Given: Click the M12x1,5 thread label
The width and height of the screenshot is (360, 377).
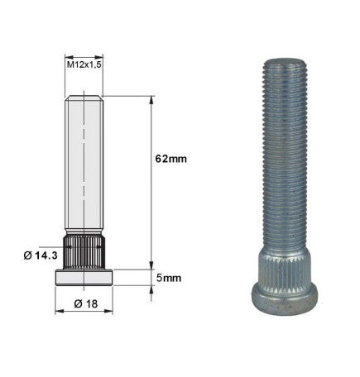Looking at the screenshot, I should point(84,63).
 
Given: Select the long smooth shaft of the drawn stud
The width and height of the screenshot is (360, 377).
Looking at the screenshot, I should point(84,165).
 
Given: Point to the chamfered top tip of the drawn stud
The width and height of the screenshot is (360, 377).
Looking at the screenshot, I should point(84,99).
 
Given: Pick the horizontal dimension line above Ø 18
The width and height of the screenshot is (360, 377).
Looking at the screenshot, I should point(84,312).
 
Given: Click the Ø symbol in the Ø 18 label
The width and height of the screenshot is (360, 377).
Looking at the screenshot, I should point(76,303).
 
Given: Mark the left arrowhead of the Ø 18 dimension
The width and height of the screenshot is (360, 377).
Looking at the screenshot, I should point(59,312).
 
